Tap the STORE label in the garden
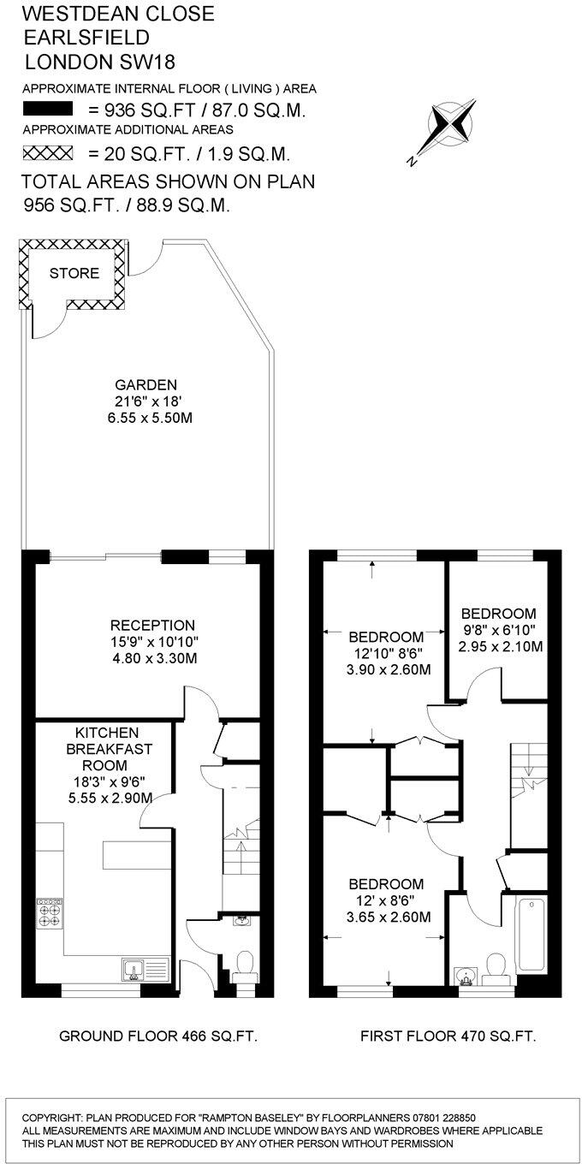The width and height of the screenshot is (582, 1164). pyautogui.click(x=74, y=274)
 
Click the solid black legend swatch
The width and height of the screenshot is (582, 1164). pyautogui.click(x=50, y=110)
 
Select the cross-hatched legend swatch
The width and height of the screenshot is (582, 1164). pyautogui.click(x=50, y=154)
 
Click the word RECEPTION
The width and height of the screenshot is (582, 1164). pyautogui.click(x=151, y=626)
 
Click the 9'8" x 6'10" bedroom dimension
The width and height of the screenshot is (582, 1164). pyautogui.click(x=500, y=630)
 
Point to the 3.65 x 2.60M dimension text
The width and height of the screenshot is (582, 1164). pyautogui.click(x=389, y=918)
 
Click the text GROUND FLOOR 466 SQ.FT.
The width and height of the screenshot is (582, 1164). pyautogui.click(x=158, y=1036)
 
